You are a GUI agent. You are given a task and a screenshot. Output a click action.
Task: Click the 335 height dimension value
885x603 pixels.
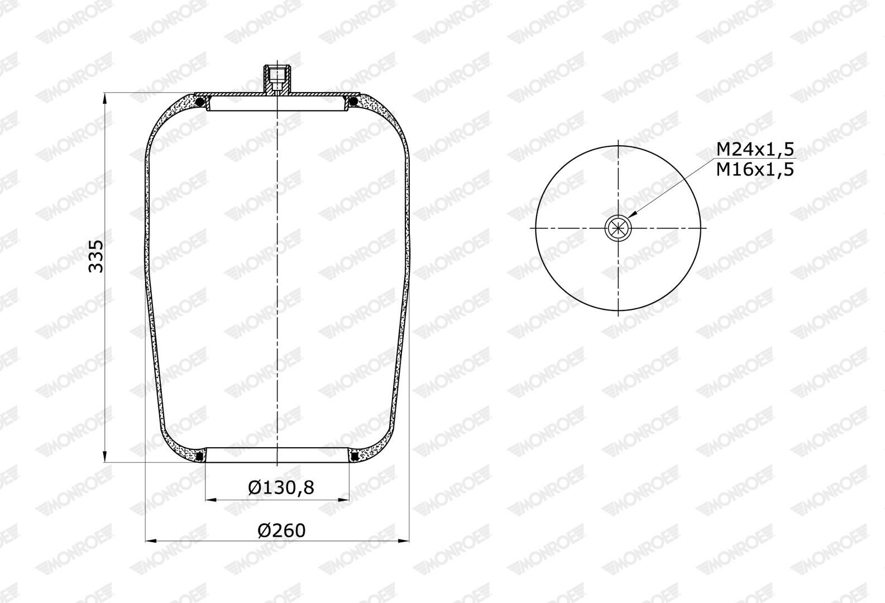[95, 256]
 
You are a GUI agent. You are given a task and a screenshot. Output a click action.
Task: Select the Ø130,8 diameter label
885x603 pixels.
[281, 487]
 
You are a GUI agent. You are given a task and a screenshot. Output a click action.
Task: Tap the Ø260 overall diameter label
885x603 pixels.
[282, 530]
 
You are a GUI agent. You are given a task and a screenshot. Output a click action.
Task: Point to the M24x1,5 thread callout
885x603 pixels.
[755, 150]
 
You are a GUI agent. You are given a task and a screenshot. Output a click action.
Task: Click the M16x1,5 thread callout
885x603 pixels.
[755, 170]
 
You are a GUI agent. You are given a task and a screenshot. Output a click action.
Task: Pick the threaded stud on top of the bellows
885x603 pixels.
[277, 79]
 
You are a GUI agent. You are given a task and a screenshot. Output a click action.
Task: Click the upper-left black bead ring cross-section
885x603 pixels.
[200, 102]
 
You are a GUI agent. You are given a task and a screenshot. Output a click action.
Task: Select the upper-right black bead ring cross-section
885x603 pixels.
[353, 102]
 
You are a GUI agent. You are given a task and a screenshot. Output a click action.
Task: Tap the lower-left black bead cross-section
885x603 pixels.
[200, 457]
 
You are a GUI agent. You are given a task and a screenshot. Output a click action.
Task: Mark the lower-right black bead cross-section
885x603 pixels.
[355, 457]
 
